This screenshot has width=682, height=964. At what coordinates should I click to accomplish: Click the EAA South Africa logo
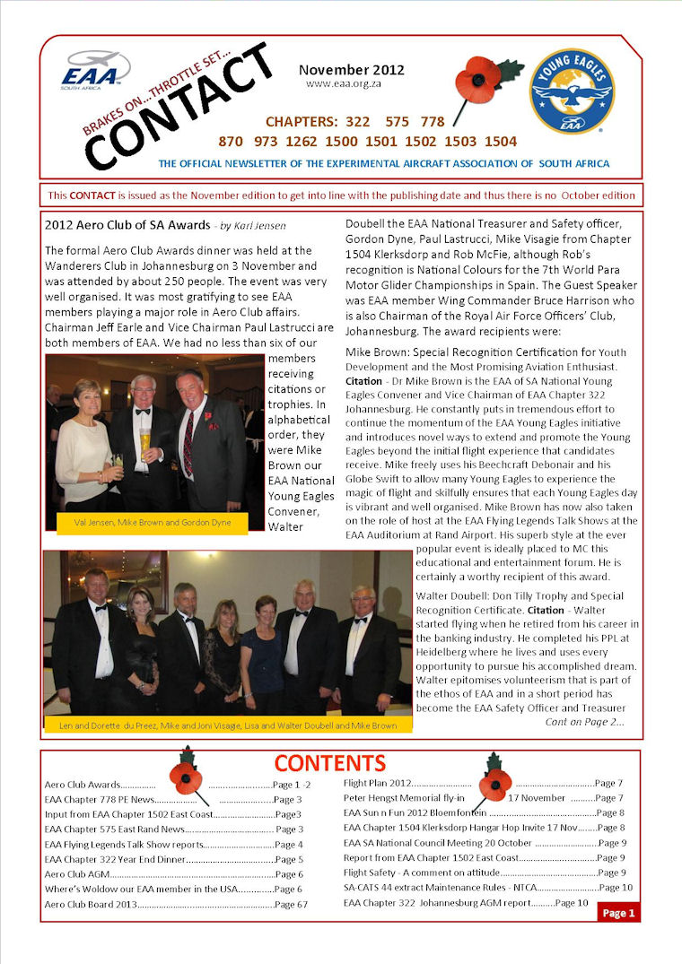(94, 69)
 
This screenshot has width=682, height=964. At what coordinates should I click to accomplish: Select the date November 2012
(352, 70)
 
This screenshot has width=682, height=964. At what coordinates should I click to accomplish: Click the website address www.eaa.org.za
(340, 83)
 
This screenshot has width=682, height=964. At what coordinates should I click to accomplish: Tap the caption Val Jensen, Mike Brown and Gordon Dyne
(148, 521)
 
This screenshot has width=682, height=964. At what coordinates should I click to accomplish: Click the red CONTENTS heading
(329, 763)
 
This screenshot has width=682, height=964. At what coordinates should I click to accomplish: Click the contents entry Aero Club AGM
(73, 873)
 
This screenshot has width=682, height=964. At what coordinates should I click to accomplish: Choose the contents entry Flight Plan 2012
(377, 783)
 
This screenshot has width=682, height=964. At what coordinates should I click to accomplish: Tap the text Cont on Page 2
(584, 722)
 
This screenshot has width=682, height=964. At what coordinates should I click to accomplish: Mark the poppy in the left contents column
(186, 776)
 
